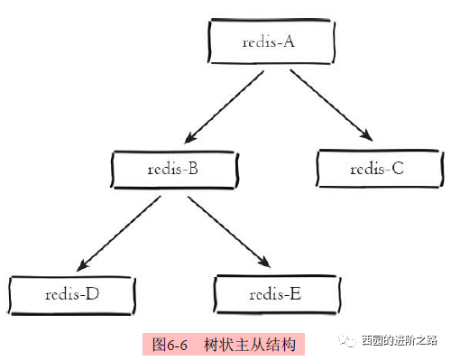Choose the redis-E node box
(278, 294)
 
